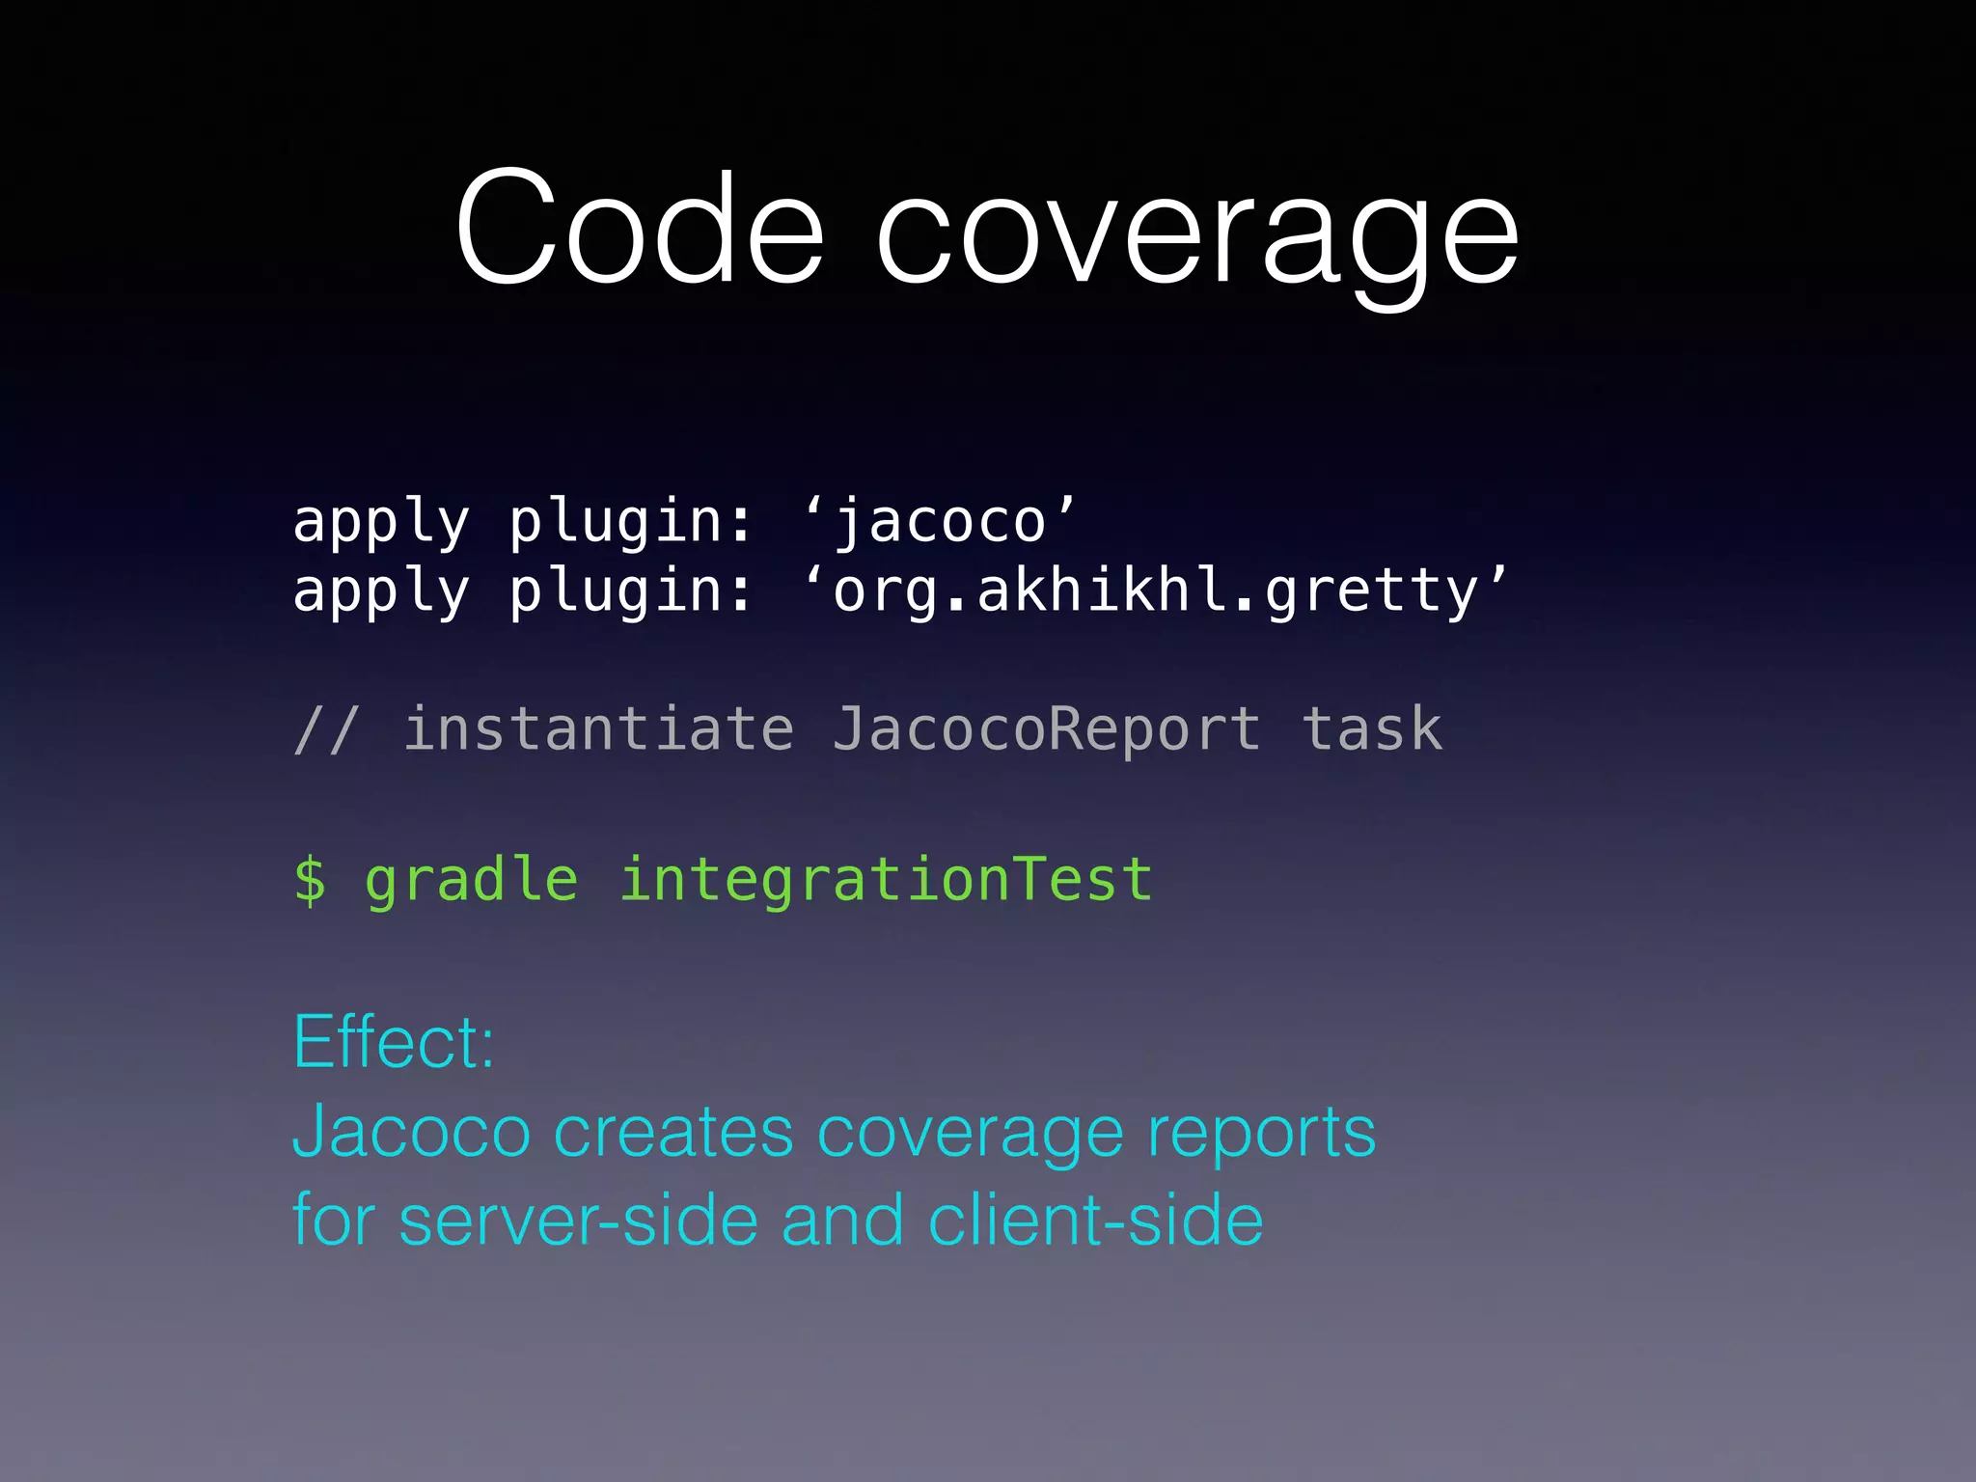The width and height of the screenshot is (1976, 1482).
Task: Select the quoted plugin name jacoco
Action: coord(941,522)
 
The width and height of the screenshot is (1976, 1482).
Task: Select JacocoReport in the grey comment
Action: coord(1046,729)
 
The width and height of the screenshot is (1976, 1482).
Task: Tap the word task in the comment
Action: coord(1371,729)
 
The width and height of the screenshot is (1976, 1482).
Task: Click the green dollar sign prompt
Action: coord(310,880)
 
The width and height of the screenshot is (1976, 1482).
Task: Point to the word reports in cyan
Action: coord(1260,1135)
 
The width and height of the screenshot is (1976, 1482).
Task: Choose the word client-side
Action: coord(1095,1221)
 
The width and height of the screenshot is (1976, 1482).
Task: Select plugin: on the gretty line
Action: coord(630,592)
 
